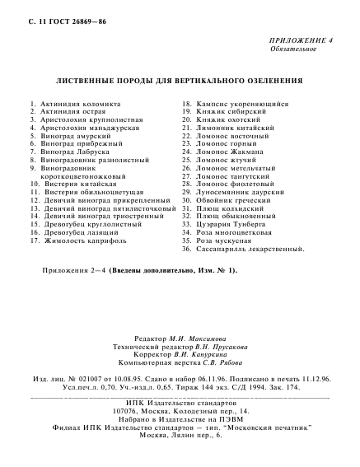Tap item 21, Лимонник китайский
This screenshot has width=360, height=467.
(228, 128)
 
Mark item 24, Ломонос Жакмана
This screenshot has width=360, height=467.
(225, 152)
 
